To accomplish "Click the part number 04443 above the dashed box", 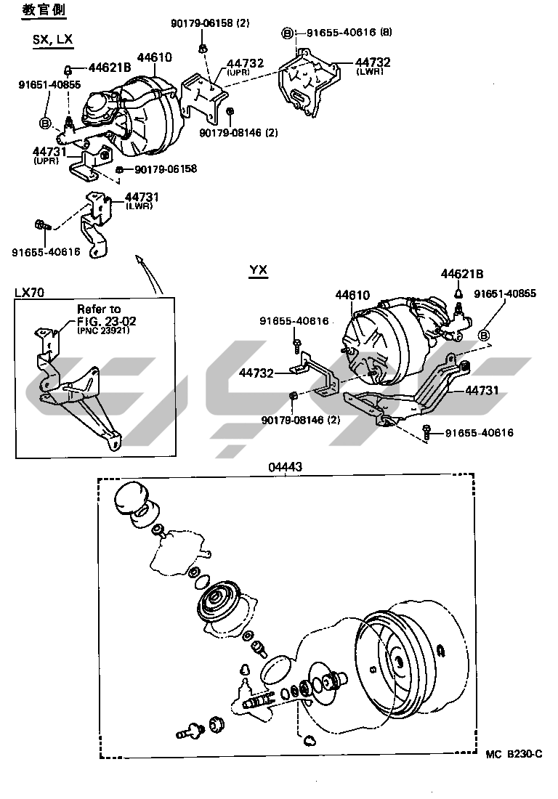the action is coord(286,466).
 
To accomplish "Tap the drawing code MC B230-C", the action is coord(514,754).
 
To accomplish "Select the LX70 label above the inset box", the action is coord(29,292).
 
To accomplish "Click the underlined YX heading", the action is coord(259,269).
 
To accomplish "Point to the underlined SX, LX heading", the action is coord(52,40).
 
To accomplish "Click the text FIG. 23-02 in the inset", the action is coord(107,321).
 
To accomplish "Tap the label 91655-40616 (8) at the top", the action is coord(349,32).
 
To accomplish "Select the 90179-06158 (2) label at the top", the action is coord(210,23).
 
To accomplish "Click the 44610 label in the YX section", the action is coord(352,295).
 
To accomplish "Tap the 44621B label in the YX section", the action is coord(461,274).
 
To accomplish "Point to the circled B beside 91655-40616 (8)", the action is coord(288,33).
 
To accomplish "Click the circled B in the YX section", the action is coord(484,335).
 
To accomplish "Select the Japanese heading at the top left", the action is coord(44,9).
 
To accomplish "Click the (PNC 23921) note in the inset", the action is coord(103,330).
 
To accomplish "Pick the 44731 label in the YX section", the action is coord(482,390).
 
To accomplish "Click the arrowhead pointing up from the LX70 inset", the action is coord(139,259).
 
